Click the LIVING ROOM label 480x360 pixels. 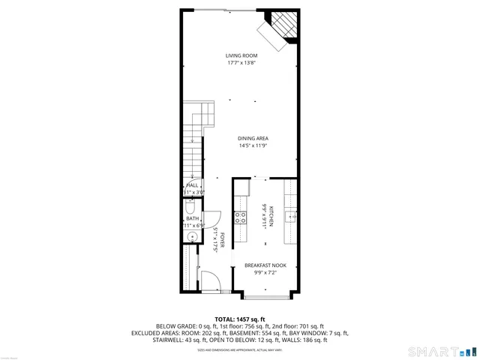pos(241,55)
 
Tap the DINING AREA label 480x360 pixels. pos(253,138)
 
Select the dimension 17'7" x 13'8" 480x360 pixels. pos(241,63)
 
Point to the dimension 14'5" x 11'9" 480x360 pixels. pos(253,145)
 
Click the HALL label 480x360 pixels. pos(192,184)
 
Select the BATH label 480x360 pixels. pos(192,218)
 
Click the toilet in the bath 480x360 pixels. pos(190,202)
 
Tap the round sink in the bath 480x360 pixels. pos(191,236)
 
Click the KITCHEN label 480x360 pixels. pos(271,216)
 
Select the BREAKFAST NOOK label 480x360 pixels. pos(266,265)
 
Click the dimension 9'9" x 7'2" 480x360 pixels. pos(266,272)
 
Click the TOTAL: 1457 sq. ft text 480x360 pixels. pos(240,319)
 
